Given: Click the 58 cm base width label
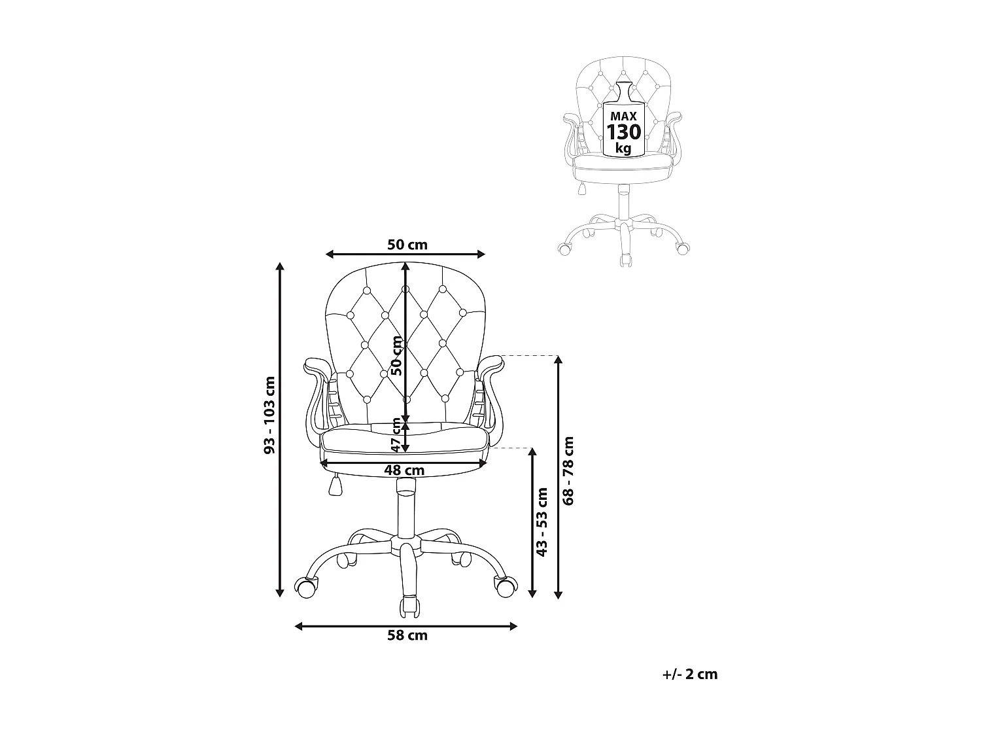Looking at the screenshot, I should (x=407, y=635).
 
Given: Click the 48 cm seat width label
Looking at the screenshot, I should (x=404, y=470).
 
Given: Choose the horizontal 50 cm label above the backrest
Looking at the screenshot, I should (x=407, y=245).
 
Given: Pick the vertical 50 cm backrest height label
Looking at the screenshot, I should (x=396, y=355).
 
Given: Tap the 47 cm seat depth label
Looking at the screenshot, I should (x=396, y=434).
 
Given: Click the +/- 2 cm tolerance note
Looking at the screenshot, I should (x=689, y=675).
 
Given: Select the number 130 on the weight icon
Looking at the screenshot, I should (x=623, y=132).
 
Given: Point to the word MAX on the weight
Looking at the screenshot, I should (x=623, y=116).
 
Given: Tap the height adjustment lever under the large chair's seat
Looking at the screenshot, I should (x=336, y=485).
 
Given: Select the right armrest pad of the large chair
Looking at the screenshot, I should (x=491, y=364).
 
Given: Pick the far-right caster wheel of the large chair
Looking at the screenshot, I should (x=504, y=587).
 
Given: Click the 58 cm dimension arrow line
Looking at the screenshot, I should (x=458, y=627).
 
